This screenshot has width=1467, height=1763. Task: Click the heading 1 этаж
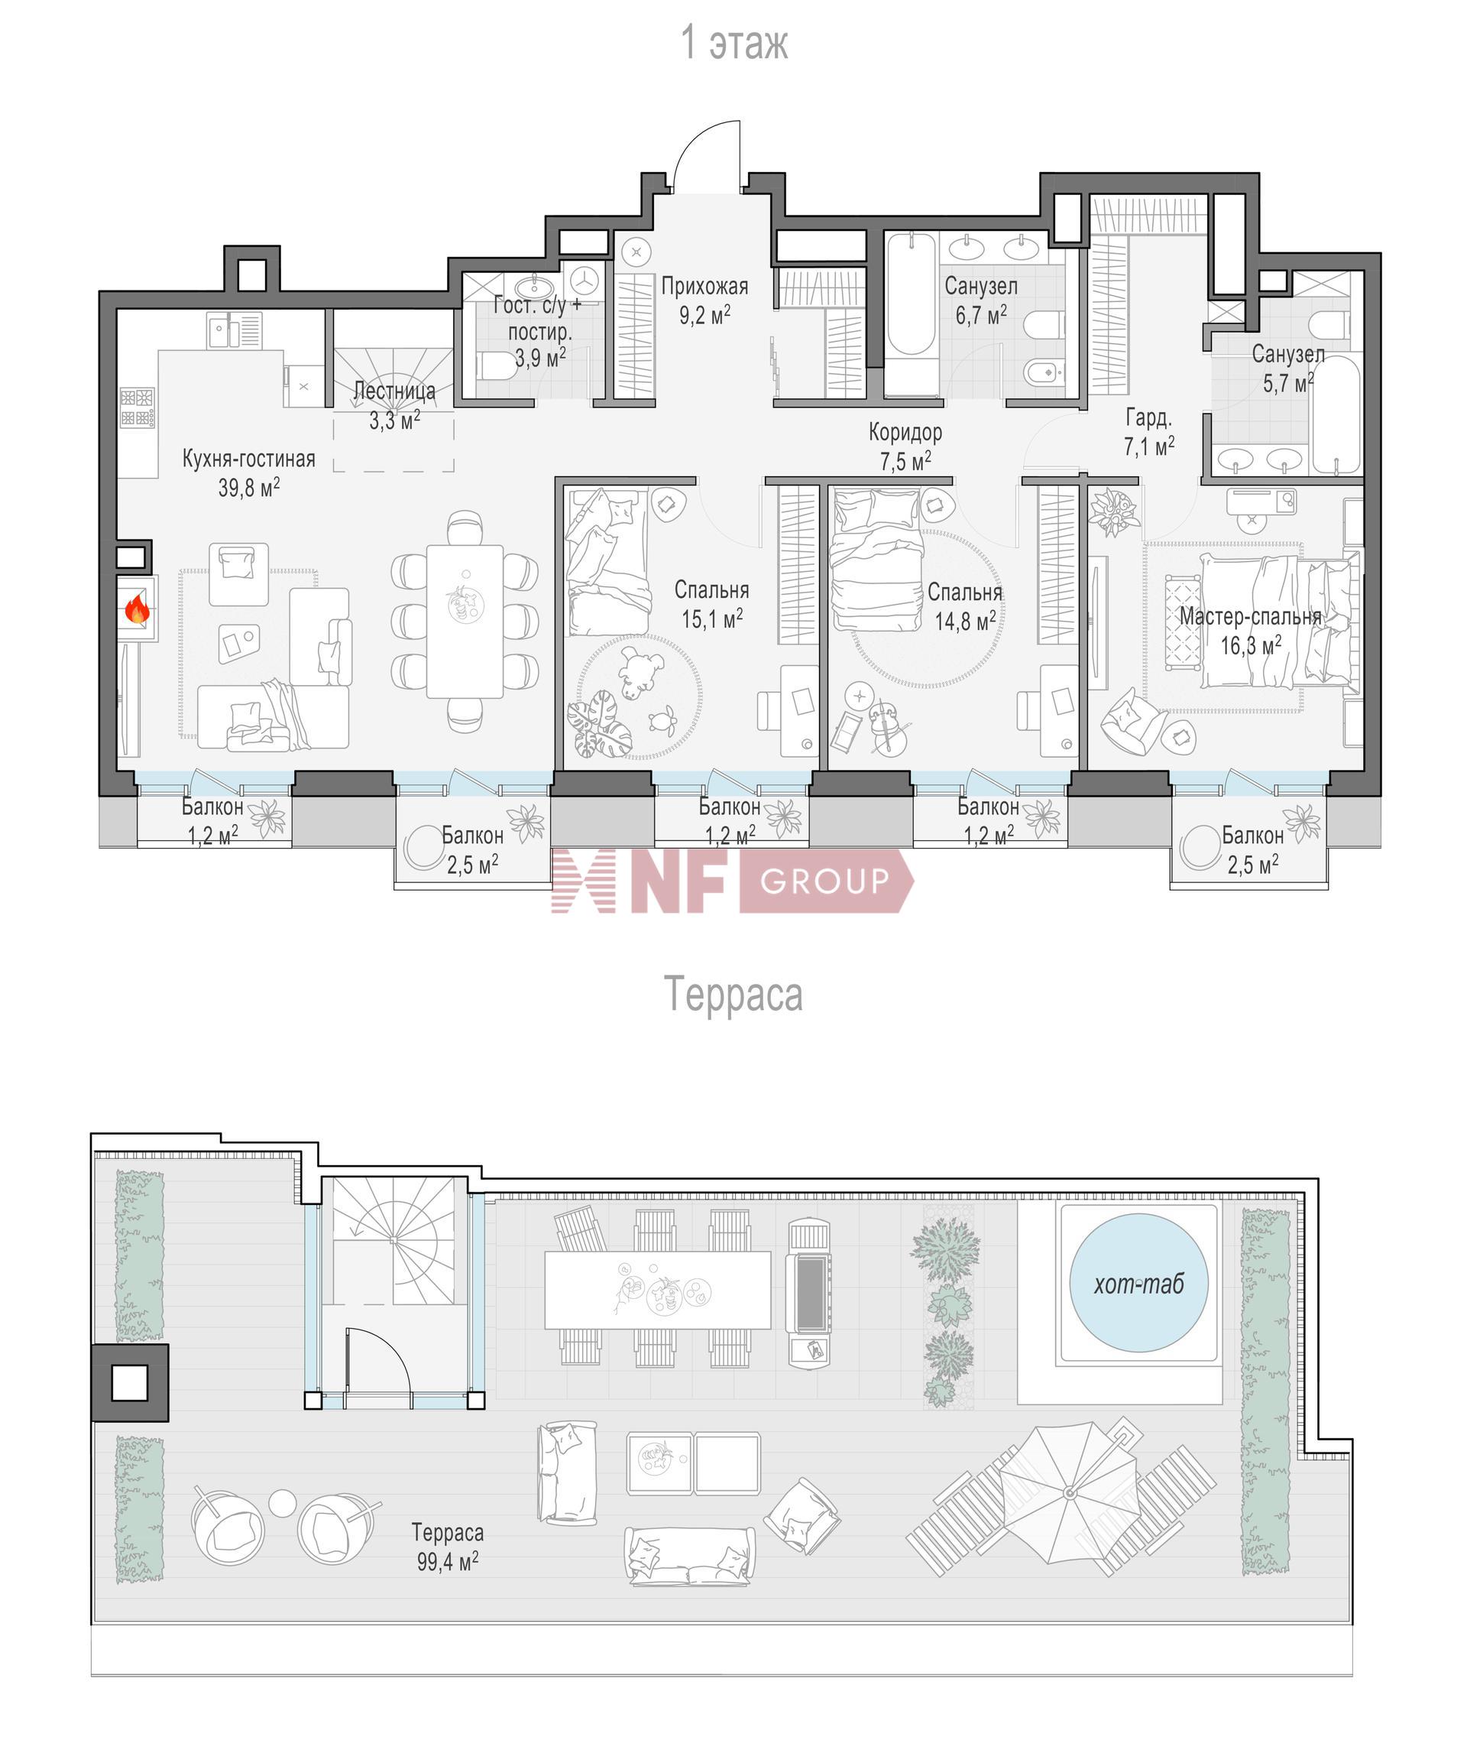[x=733, y=43]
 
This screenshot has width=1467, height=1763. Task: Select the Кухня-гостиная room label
[x=248, y=459]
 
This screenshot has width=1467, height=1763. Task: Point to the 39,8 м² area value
[x=248, y=488]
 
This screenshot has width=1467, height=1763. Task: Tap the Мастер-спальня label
[x=1250, y=617]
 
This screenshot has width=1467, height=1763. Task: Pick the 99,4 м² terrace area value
[x=447, y=1561]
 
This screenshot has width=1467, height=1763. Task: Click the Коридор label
[x=905, y=433]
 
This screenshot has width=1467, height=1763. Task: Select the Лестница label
[x=394, y=391]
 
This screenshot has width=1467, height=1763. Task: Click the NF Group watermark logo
[x=732, y=880]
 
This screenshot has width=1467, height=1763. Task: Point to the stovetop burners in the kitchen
[x=136, y=407]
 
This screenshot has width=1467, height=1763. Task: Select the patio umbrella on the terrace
[x=1069, y=1492]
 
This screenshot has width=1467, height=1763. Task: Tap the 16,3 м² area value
[x=1251, y=645]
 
